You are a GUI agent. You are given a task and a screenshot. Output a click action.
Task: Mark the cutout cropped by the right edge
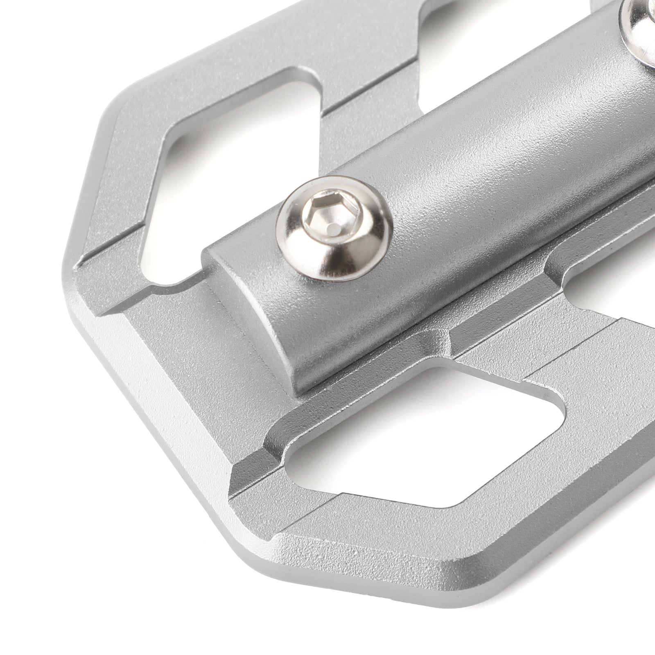614,295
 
